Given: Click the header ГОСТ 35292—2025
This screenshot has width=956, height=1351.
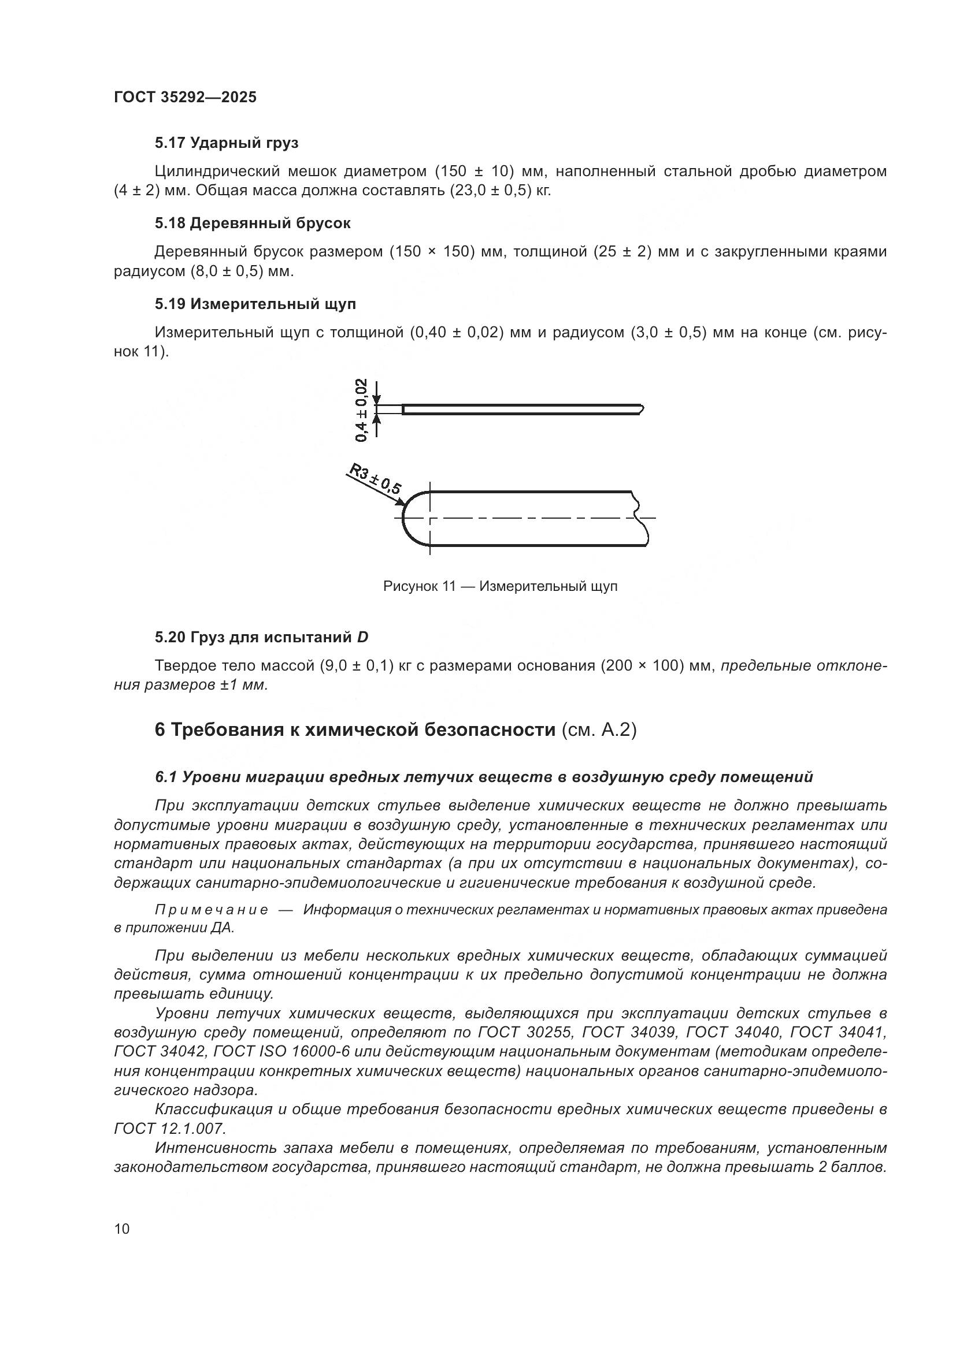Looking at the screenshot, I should point(185,97).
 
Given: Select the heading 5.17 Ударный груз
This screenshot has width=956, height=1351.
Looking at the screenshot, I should point(227,143).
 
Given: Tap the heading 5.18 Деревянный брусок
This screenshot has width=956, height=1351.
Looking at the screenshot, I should point(253,224).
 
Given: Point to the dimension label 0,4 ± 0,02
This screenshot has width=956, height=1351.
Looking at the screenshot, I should point(361,410).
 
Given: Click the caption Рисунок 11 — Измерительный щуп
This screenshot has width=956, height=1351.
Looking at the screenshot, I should point(500,587).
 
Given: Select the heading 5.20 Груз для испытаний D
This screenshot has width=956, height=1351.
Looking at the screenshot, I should point(261,637).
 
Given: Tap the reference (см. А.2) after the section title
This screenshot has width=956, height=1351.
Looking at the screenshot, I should point(599,730).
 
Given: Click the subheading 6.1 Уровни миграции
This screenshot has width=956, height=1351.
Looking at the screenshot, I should point(483,777).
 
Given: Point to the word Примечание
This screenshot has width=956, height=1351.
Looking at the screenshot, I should point(212,910).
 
